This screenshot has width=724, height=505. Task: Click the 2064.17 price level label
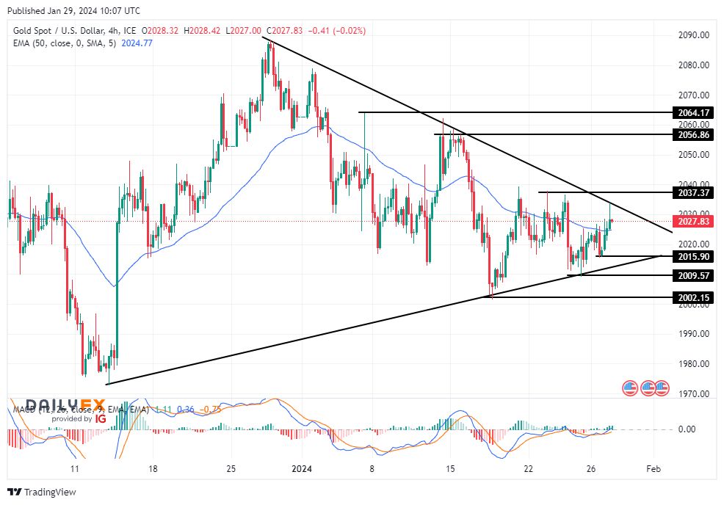click(x=693, y=112)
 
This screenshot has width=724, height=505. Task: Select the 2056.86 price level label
click(x=693, y=135)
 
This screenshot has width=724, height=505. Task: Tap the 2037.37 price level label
click(x=693, y=192)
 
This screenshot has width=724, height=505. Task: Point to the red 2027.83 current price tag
click(x=693, y=222)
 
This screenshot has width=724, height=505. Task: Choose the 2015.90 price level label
click(x=693, y=256)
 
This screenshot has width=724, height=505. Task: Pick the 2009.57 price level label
click(x=693, y=275)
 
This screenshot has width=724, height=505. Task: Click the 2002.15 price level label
click(x=693, y=297)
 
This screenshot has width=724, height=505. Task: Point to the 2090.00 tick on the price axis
click(x=693, y=35)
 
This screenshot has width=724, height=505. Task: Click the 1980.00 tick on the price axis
click(x=693, y=364)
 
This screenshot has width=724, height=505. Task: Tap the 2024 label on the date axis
click(x=303, y=468)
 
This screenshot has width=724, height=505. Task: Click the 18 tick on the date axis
click(x=153, y=468)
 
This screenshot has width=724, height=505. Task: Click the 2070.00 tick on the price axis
click(x=693, y=95)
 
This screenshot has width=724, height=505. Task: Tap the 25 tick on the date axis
click(x=231, y=468)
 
